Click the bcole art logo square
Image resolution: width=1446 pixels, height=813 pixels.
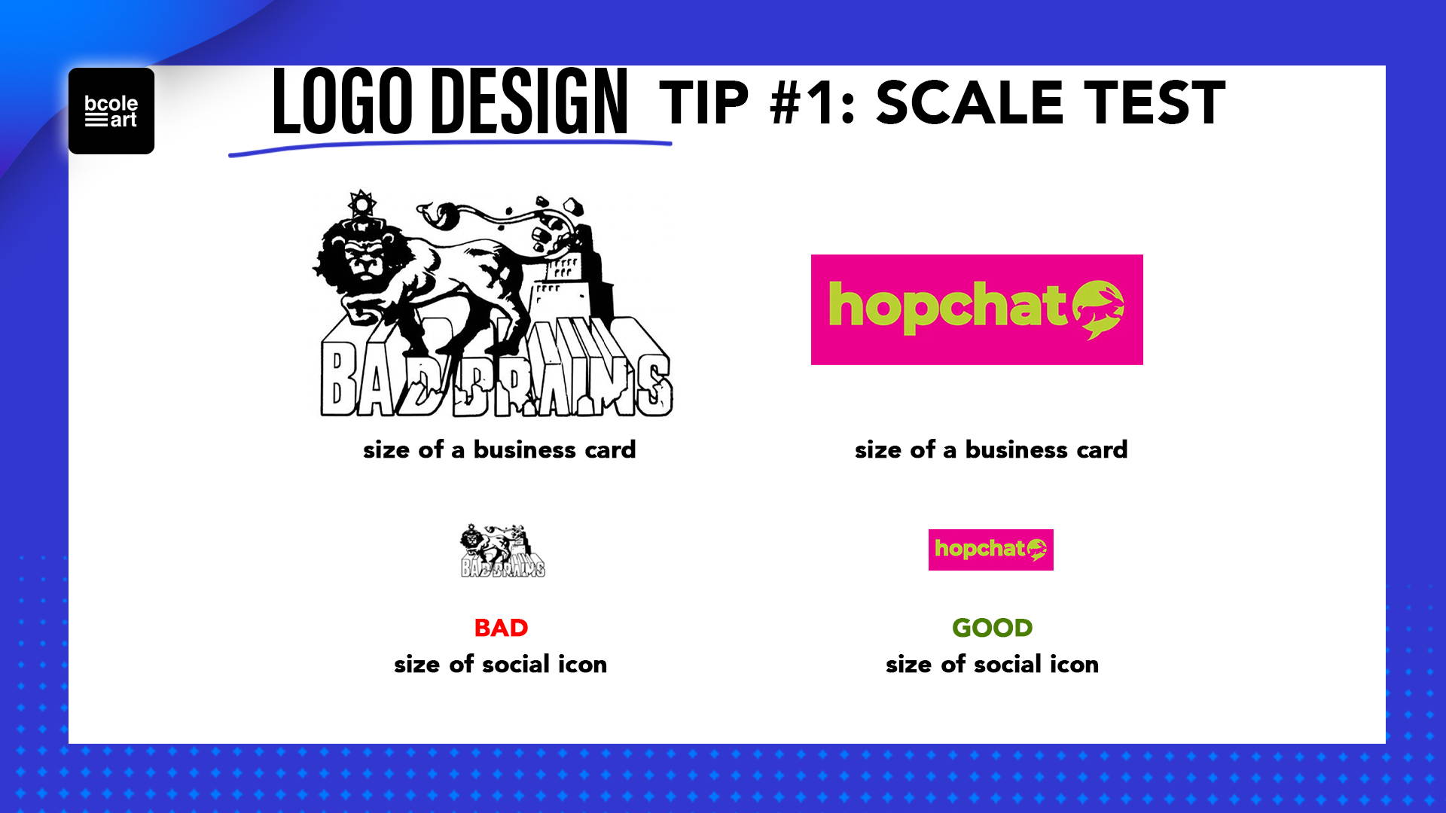click(111, 111)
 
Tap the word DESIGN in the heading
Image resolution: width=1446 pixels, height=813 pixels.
click(533, 102)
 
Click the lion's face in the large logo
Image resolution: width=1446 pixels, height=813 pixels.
click(365, 260)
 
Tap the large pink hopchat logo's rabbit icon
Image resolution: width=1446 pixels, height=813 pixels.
click(1098, 309)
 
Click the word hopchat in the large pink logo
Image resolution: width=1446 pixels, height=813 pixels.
click(948, 306)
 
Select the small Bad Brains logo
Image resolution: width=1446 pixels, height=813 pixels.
click(503, 550)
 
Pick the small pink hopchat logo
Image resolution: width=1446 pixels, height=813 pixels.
click(990, 550)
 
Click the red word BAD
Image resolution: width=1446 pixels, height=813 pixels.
click(501, 628)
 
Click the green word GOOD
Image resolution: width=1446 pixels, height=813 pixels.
click(992, 628)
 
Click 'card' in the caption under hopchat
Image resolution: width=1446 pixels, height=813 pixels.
click(1102, 449)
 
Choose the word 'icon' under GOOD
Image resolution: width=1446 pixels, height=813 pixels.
click(1074, 664)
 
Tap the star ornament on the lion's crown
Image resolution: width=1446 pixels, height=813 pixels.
click(361, 203)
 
